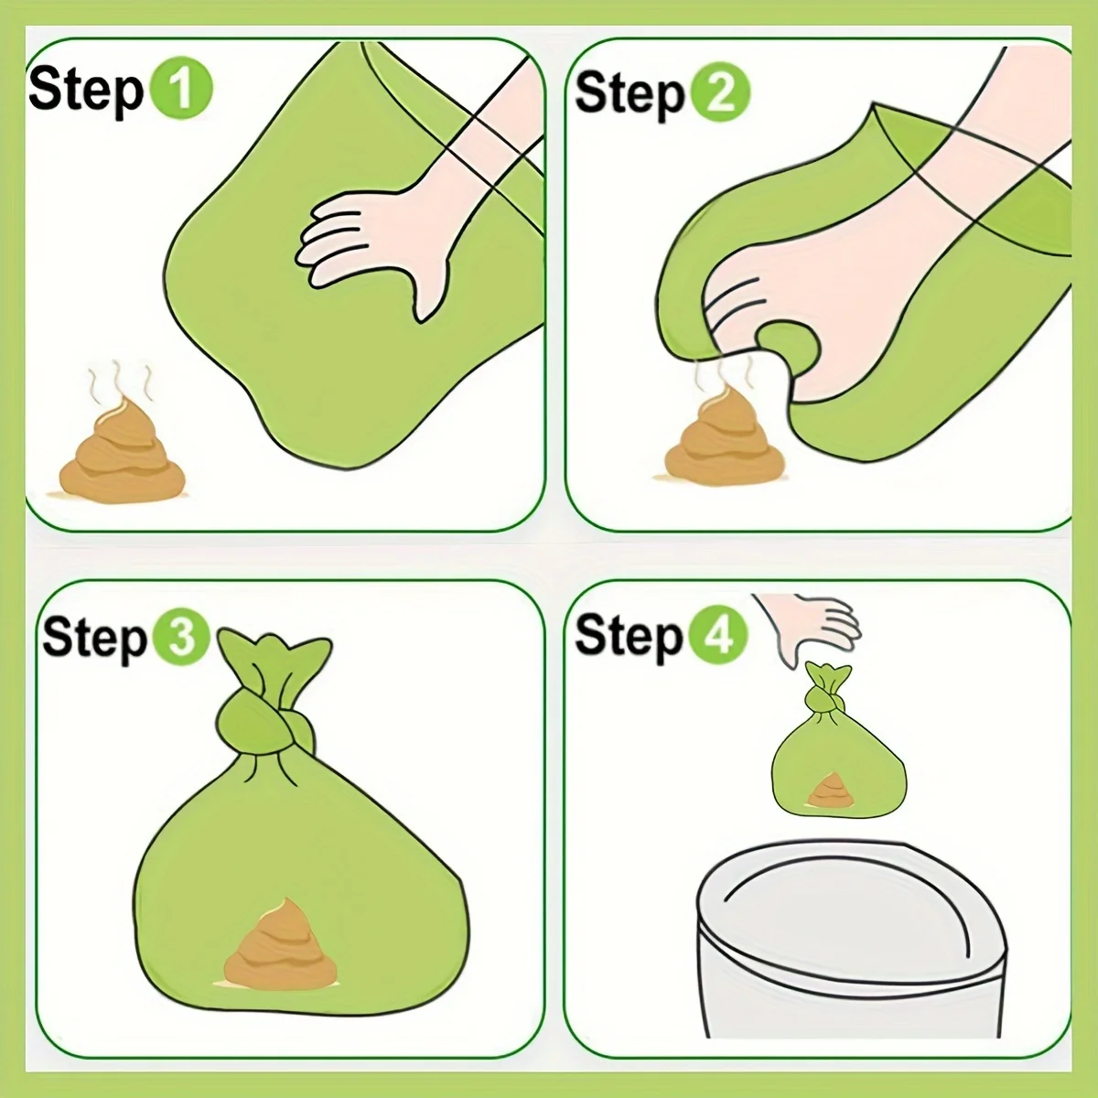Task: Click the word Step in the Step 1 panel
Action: pos(86,91)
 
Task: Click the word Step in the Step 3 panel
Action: pos(94,637)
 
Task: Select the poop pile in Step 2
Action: pos(705,438)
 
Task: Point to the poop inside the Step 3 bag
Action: pos(278,943)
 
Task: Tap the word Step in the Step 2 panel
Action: pos(630,93)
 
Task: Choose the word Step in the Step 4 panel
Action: pos(629,636)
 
